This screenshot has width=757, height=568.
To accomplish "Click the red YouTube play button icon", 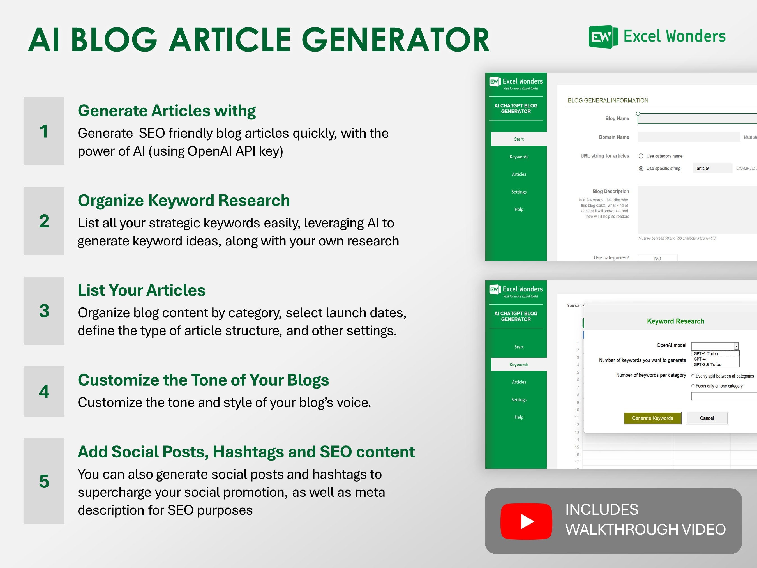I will (526, 521).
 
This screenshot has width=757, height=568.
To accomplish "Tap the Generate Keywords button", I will (652, 418).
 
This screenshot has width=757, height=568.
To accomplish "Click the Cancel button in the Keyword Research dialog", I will (707, 418).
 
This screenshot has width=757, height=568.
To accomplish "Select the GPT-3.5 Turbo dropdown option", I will (707, 365).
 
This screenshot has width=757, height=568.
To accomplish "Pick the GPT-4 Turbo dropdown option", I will (706, 353).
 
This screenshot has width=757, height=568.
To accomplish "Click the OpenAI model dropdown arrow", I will (736, 346).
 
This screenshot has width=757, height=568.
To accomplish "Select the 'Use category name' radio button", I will (641, 156).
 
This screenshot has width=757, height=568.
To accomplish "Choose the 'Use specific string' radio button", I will (641, 169).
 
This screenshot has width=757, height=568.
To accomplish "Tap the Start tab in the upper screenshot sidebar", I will (519, 139).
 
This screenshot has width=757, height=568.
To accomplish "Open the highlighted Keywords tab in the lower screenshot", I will (519, 364).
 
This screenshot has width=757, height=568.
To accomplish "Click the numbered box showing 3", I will (44, 311).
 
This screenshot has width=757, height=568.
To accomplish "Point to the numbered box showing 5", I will (44, 481).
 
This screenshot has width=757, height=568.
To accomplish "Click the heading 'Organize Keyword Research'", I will (183, 201).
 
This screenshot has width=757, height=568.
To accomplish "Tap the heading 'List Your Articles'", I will (141, 290).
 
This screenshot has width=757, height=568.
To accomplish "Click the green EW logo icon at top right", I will (603, 37).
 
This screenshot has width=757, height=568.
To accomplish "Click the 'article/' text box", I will (712, 169).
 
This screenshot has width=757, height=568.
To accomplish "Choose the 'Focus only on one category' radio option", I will (693, 386).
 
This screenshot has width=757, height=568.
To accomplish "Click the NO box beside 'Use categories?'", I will (657, 258).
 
